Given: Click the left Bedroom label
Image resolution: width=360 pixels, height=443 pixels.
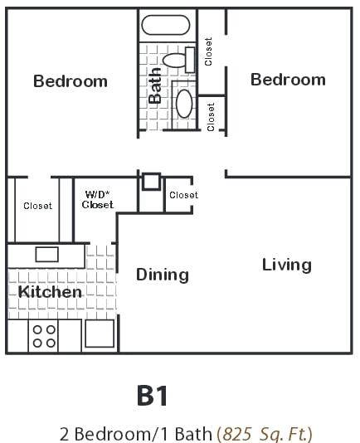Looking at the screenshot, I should pyautogui.click(x=71, y=81).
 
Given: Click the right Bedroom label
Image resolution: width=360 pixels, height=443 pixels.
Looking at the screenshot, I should pyautogui.click(x=288, y=80).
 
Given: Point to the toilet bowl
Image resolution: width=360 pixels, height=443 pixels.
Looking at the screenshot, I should pyautogui.click(x=175, y=60).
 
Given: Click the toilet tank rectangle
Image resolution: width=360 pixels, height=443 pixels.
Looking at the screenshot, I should pyautogui.click(x=189, y=60).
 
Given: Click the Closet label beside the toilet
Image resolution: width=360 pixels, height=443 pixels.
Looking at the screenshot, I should pyautogui.click(x=209, y=51).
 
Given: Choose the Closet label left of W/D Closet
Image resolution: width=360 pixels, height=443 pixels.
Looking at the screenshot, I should pyautogui.click(x=37, y=206).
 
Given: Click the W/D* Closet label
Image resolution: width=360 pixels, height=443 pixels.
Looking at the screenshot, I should pyautogui.click(x=99, y=200).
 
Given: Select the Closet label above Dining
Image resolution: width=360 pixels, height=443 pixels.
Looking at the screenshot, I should pyautogui.click(x=183, y=196).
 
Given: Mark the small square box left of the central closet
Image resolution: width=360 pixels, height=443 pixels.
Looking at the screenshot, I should pyautogui.click(x=151, y=182).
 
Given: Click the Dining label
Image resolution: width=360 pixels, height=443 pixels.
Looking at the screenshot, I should pyautogui.click(x=163, y=275).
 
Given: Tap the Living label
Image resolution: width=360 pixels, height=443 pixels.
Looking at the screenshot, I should pyautogui.click(x=287, y=265).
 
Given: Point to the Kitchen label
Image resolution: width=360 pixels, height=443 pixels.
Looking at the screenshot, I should pyautogui.click(x=51, y=292).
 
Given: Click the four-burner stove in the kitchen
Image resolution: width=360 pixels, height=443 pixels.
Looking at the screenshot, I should pyautogui.click(x=44, y=335).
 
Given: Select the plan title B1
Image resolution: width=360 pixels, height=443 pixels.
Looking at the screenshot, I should pyautogui.click(x=153, y=395).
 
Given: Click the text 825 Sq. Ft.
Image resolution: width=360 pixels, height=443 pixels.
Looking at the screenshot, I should pyautogui.click(x=265, y=433).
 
